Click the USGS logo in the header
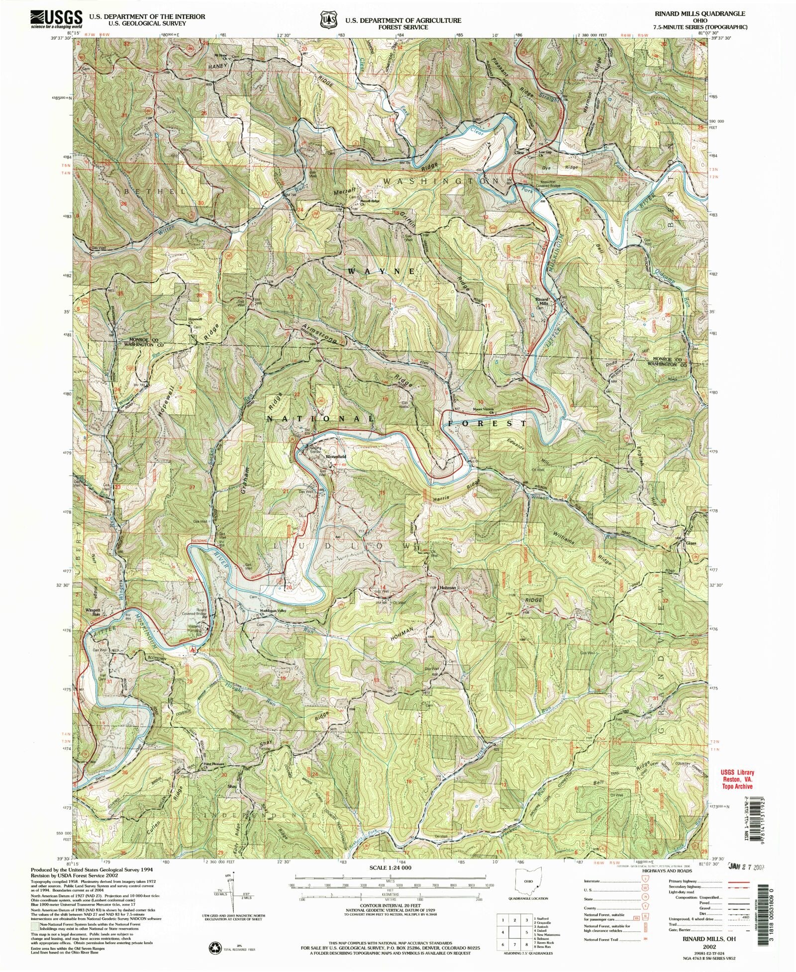pos(56,19)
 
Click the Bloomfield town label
pos(335,456)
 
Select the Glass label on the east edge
pos(691,543)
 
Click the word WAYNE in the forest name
pos(381,271)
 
